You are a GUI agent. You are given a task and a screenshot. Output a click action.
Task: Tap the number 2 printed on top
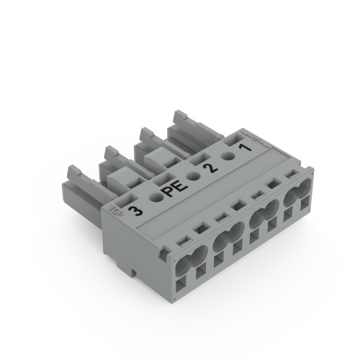click(x=210, y=168)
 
